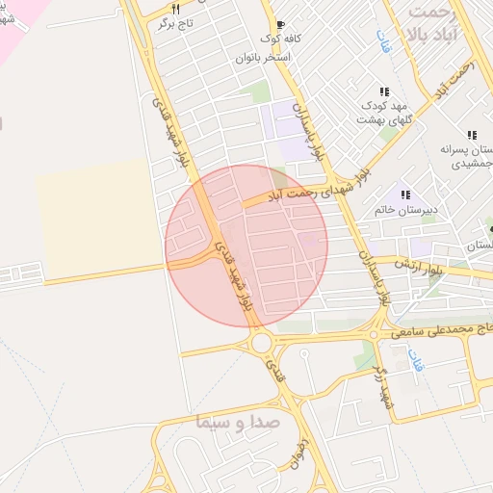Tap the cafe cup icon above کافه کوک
coord(280,24)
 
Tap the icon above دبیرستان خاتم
coord(405,195)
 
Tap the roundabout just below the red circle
coord(260,343)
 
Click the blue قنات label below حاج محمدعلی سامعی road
coord(415,362)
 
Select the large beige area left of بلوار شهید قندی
coord(96,217)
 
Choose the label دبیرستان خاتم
coord(404,209)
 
